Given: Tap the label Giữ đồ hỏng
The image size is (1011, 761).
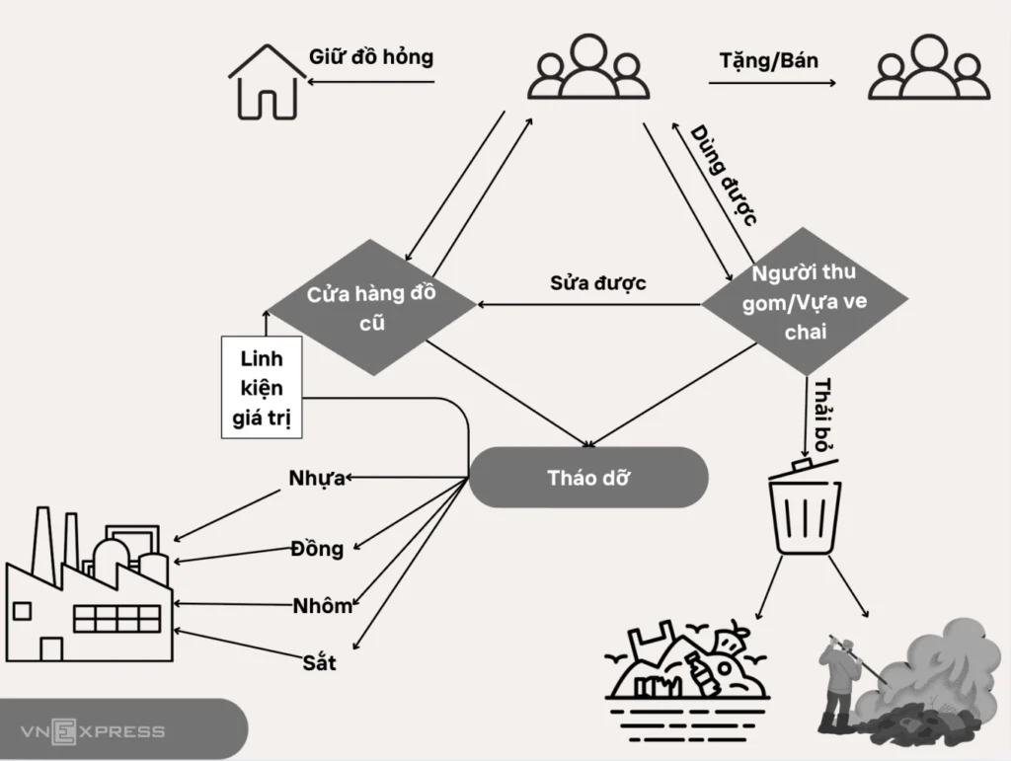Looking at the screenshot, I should coord(371,56).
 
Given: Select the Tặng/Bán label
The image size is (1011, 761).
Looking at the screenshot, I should coord(769,60).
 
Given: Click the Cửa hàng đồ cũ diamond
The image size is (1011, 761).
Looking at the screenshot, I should coord(372,307).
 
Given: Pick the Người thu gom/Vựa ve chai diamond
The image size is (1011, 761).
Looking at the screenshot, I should coord(805,301).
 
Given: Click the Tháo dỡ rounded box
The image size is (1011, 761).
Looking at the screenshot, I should coord(588,478).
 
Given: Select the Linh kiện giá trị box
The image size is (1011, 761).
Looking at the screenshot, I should coord(261,387).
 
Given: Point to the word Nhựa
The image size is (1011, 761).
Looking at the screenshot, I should coord(317,479).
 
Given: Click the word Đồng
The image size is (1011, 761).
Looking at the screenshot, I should coord(317,549).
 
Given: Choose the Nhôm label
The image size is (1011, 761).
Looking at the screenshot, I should coord(323,606).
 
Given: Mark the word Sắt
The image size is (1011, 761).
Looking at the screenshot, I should coord(319,662).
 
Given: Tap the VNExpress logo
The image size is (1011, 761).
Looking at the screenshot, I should coord(94,731).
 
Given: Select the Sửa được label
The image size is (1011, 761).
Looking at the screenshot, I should coord(597,283).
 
